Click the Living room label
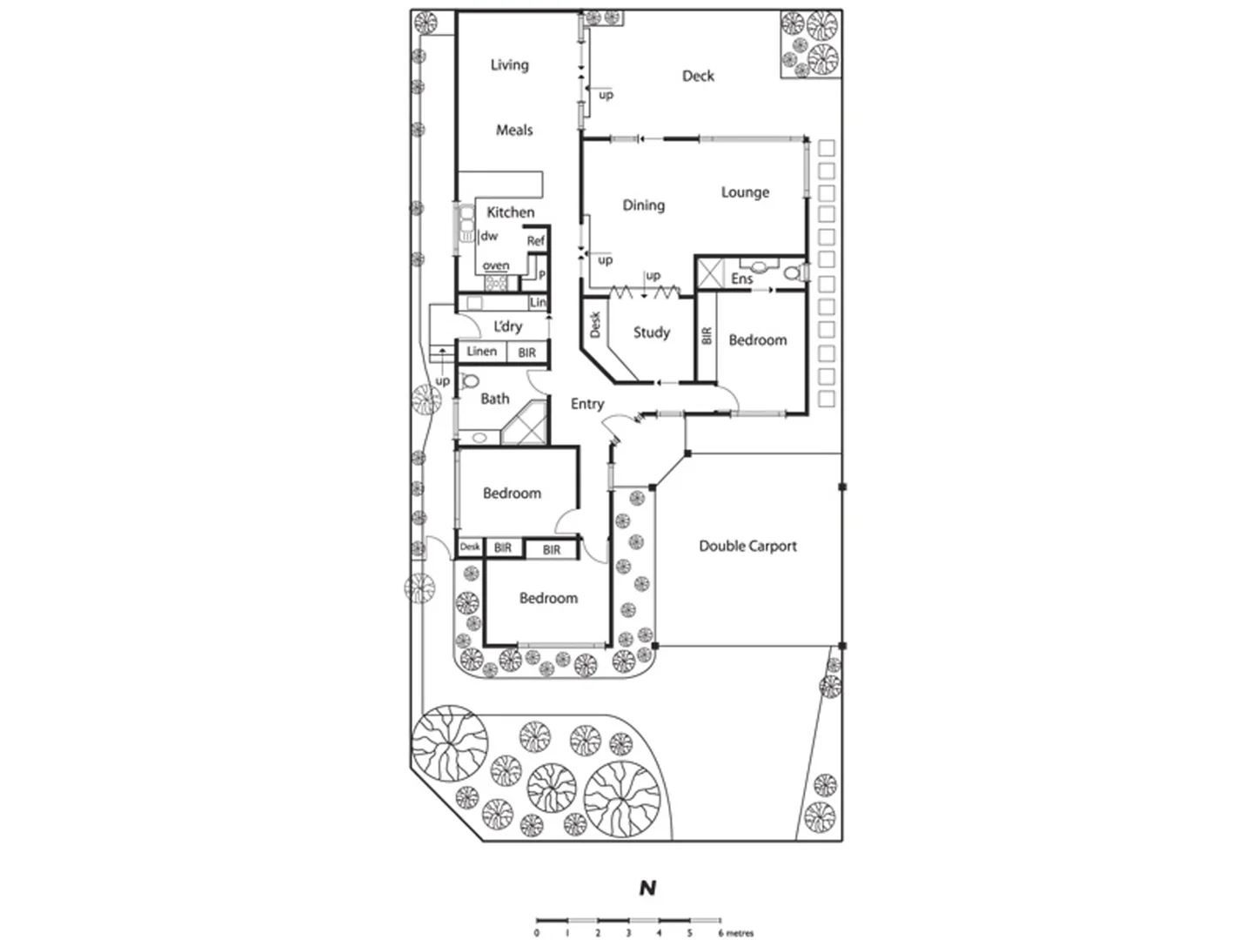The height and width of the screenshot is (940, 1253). click(x=509, y=64)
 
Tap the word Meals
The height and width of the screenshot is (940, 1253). click(x=514, y=130)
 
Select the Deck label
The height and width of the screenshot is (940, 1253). click(x=698, y=76)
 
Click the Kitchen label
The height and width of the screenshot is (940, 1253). click(x=510, y=211)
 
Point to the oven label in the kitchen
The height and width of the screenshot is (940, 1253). click(x=496, y=265)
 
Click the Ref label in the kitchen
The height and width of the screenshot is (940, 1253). click(x=536, y=240)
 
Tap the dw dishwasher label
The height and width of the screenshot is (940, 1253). click(x=489, y=236)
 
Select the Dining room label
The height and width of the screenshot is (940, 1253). click(x=643, y=205)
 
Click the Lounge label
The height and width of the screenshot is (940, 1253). click(x=745, y=191)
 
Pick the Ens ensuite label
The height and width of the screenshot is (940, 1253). click(x=741, y=279)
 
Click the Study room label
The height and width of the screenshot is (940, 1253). click(x=651, y=332)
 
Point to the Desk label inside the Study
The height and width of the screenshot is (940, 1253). click(x=595, y=325)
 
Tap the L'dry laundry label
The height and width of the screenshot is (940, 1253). click(x=507, y=326)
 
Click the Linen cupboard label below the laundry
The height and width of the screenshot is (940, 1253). click(x=481, y=351)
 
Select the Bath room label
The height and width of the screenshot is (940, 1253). click(x=494, y=399)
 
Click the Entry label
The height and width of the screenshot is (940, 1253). click(x=586, y=403)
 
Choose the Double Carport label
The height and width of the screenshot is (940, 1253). click(x=747, y=546)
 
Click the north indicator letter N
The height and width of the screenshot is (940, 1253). click(x=647, y=888)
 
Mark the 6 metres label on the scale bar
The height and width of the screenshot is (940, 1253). click(x=736, y=933)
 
